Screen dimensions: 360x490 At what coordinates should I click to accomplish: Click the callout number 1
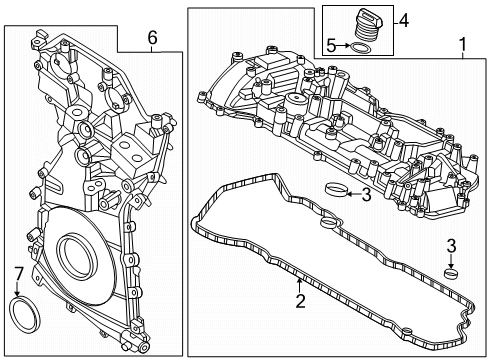coord(461,45)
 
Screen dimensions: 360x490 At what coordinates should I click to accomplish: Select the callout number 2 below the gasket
coord(298,301)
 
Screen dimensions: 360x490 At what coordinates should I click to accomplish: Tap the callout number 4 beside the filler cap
coord(404,19)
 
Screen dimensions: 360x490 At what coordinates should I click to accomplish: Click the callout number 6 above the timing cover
coord(152,38)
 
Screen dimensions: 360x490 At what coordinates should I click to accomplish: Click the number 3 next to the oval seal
coord(366,195)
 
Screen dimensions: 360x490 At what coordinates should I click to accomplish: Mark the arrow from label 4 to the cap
coord(391,20)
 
